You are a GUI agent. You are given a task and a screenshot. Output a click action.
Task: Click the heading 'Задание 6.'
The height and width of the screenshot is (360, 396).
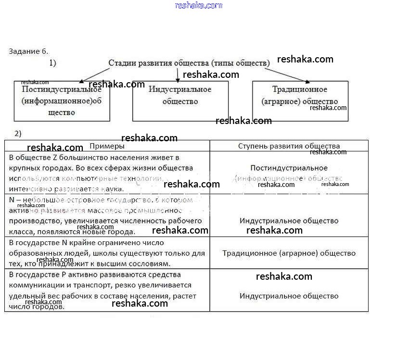28,51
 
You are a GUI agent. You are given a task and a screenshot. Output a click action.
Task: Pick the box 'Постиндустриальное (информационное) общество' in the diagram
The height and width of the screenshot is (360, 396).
62,101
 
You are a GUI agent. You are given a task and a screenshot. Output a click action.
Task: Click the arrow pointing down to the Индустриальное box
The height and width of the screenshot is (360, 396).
178,75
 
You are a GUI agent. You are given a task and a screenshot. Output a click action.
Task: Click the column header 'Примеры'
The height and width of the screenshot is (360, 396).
107,146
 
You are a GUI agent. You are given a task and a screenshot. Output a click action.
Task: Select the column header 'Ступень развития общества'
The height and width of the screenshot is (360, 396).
289,146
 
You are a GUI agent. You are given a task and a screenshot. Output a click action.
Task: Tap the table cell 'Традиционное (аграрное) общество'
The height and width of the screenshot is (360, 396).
289,253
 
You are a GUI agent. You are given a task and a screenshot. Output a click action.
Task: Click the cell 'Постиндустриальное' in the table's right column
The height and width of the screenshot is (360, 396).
289,168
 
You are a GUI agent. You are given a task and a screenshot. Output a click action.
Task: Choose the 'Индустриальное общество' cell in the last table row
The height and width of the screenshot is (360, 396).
289,296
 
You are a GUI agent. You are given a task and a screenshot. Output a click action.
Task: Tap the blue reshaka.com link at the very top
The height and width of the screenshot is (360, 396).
199,5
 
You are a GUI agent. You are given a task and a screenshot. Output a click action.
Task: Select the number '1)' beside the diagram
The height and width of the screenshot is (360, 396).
53,63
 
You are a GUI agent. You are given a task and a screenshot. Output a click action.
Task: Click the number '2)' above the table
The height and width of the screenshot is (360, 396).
18,134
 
